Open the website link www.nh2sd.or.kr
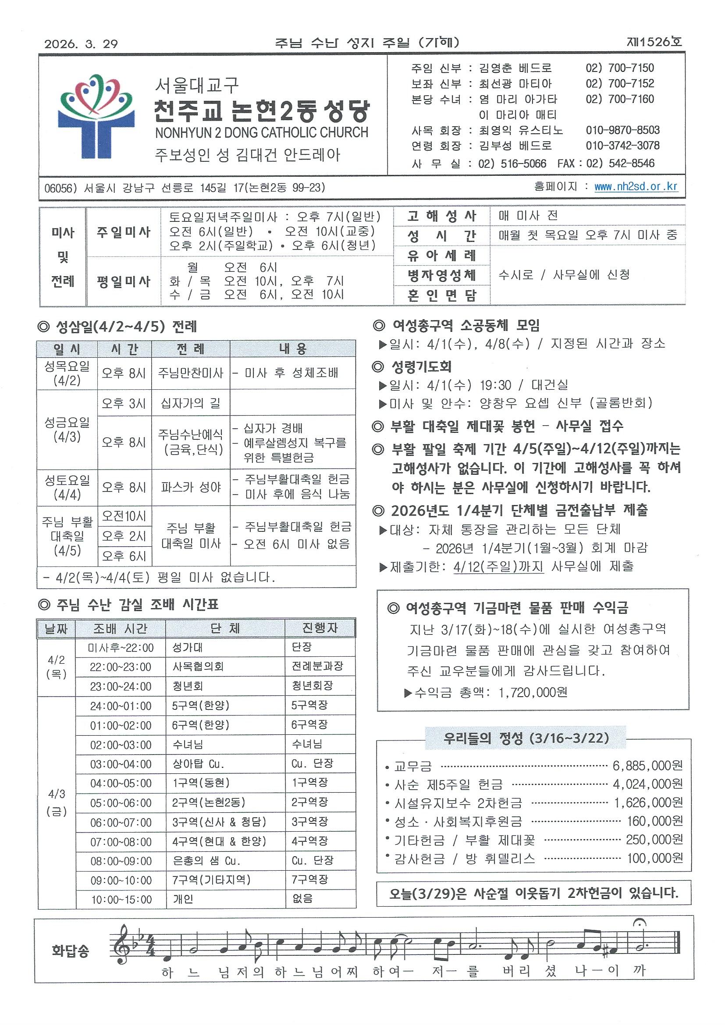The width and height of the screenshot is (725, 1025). click(636, 187)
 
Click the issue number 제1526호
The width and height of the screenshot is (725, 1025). click(654, 43)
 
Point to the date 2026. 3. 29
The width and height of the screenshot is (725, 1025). click(81, 44)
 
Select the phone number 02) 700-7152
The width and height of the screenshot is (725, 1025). click(620, 83)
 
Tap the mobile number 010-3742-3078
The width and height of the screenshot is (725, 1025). click(622, 146)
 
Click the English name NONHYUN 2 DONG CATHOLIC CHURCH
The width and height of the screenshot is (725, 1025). click(262, 132)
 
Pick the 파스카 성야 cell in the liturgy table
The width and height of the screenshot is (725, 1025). click(191, 487)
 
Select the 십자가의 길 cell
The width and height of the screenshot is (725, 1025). click(191, 404)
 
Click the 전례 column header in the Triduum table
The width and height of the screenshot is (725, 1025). click(191, 349)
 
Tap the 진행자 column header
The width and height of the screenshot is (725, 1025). click(320, 628)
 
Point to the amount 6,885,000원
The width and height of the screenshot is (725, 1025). click(647, 766)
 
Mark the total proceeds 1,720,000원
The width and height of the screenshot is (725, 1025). click(533, 692)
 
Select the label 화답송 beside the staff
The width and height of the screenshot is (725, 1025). click(70, 950)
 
